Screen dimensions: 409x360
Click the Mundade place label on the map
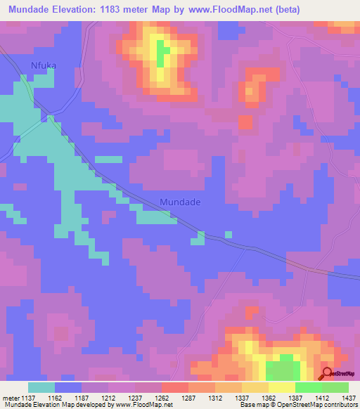180,202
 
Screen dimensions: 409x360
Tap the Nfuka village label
43,66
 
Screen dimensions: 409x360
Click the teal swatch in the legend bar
41,387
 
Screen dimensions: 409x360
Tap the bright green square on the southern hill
281,369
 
